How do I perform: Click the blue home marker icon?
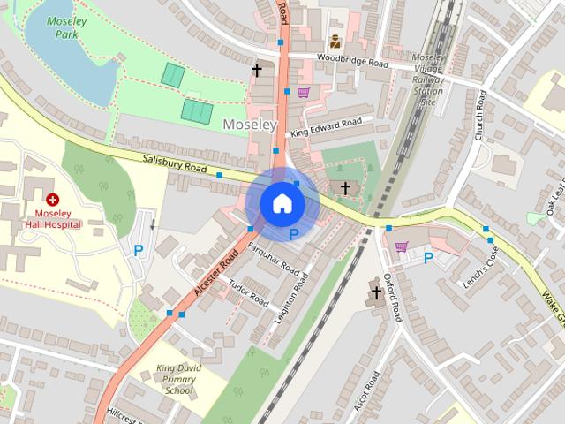point(282,203)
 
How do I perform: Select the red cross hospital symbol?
point(53,201)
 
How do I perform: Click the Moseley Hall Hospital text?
point(58,218)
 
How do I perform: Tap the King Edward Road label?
point(326,126)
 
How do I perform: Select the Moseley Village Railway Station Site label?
point(429,79)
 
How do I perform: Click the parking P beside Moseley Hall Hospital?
point(138,251)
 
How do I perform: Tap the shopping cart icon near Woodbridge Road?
point(304,92)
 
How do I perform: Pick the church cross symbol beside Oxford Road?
point(376,291)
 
